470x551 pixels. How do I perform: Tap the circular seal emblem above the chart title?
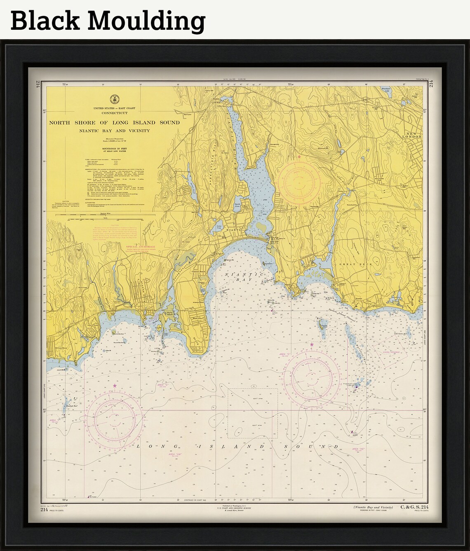pyautogui.click(x=114, y=99)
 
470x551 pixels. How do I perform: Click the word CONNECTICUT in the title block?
pyautogui.click(x=114, y=113)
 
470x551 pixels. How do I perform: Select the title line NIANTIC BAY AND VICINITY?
pyautogui.click(x=115, y=131)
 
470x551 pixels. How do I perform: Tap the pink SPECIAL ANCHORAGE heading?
pyautogui.click(x=141, y=246)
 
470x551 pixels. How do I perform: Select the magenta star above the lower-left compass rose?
pyautogui.click(x=115, y=386)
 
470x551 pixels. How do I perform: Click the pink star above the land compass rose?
pyautogui.click(x=299, y=157)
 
